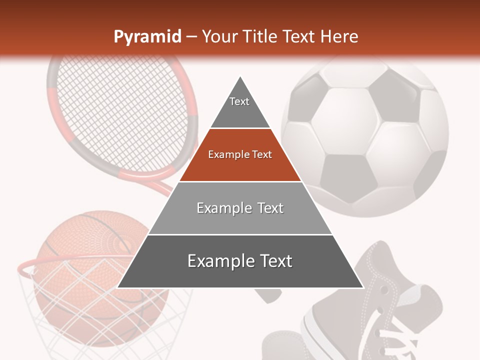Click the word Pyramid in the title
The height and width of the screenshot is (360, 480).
point(147,37)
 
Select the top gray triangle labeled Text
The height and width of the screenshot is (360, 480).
point(239,107)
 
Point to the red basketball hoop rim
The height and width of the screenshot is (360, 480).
point(30,263)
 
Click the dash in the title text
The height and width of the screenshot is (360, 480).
point(191,37)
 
